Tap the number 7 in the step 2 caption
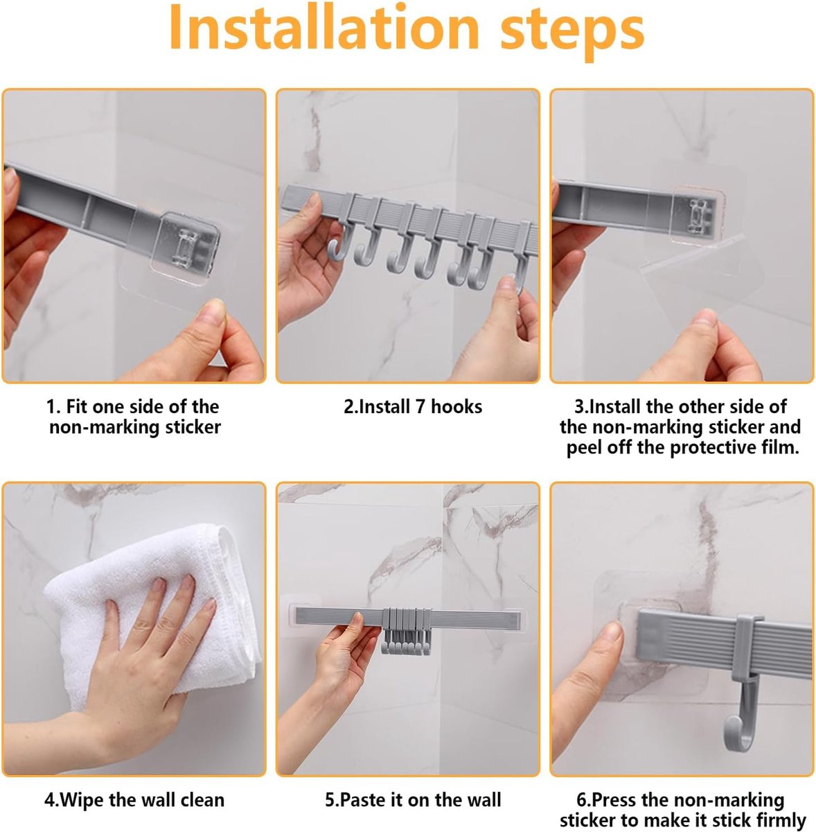coord(420,406)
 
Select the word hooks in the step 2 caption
coord(456,406)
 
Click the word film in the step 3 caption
coord(782,447)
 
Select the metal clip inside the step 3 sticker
coord(699,216)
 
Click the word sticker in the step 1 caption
coord(193,427)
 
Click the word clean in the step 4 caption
coord(202,788)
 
